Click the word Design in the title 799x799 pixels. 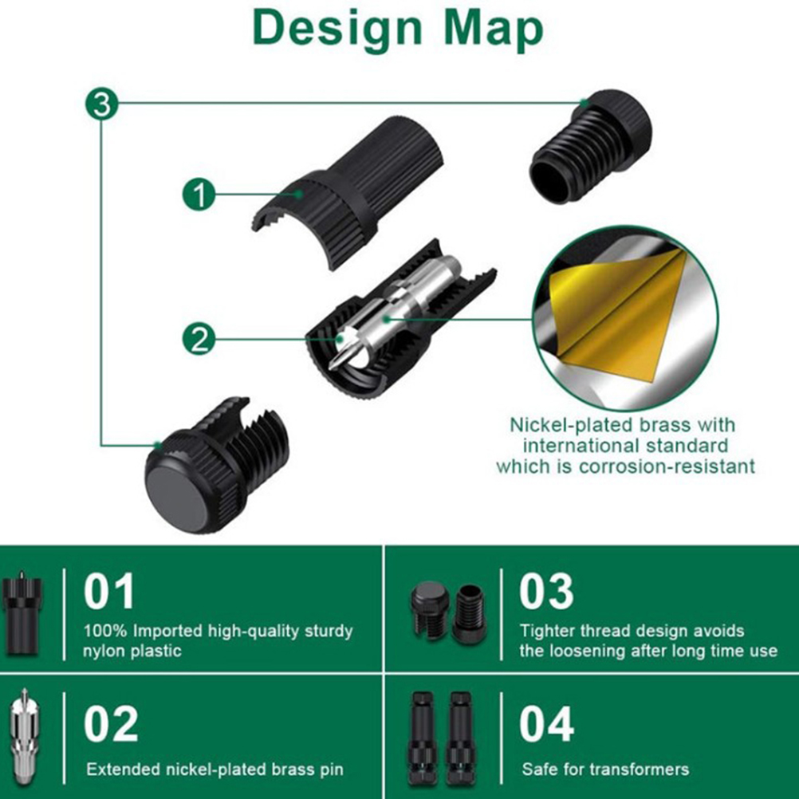pyautogui.click(x=337, y=30)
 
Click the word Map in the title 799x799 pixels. pyautogui.click(x=494, y=30)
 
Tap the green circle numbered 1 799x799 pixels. pyautogui.click(x=199, y=194)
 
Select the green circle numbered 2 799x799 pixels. pyautogui.click(x=199, y=339)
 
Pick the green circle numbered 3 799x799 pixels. pyautogui.click(x=101, y=104)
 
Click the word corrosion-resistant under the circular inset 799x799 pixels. pyautogui.click(x=667, y=466)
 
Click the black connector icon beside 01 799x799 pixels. pyautogui.click(x=22, y=613)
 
